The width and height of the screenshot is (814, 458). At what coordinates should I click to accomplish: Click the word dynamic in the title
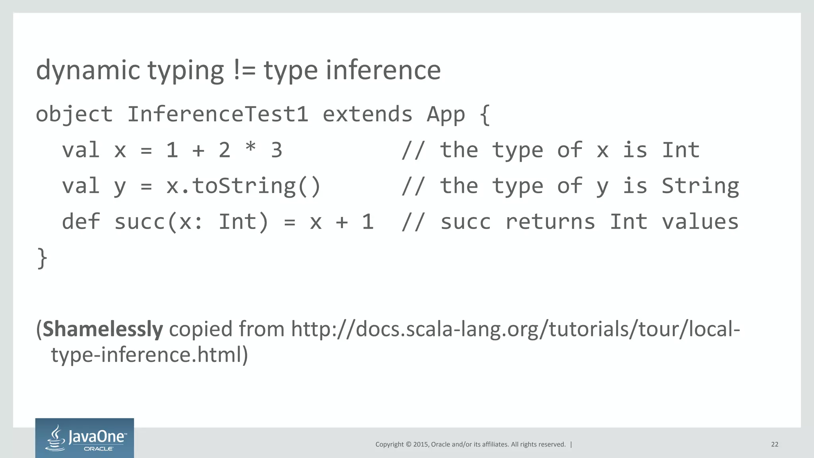coord(88,70)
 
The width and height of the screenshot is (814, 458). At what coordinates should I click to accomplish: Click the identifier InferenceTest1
coord(217,114)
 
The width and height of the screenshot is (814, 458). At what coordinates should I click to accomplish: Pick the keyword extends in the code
coord(367,114)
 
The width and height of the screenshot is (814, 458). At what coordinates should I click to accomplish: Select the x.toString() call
coord(243,186)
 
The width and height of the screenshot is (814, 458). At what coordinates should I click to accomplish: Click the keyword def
coord(81,222)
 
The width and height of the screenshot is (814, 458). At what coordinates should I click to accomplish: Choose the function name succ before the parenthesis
coord(140,222)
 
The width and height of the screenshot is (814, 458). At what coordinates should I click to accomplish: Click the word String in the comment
coord(700,186)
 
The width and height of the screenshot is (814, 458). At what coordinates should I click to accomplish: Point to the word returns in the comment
coord(550,222)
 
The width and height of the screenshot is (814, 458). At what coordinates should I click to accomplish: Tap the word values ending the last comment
coord(700,222)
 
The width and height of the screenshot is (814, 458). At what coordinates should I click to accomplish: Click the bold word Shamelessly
coord(103,329)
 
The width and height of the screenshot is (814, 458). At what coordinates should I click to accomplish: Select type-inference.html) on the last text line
coord(149,355)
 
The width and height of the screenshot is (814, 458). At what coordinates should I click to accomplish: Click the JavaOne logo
coord(85,438)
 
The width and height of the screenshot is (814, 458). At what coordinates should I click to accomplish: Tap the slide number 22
coord(775,444)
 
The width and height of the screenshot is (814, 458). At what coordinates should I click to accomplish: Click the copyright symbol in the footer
coord(408,444)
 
